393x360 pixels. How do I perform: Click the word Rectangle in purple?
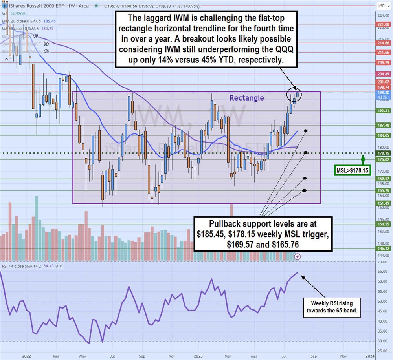tap(247, 98)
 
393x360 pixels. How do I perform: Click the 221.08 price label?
tap(383, 24)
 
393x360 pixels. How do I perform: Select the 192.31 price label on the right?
tap(383, 111)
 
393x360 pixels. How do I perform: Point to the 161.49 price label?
tap(383, 203)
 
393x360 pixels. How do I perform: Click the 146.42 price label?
tap(383, 249)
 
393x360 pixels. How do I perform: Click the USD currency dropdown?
tap(382, 6)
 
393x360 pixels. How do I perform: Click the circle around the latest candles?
tap(294, 94)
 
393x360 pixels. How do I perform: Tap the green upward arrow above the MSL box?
tap(362, 159)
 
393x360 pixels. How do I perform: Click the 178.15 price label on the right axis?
tap(383, 153)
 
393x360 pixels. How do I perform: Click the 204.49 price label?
tap(383, 74)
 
